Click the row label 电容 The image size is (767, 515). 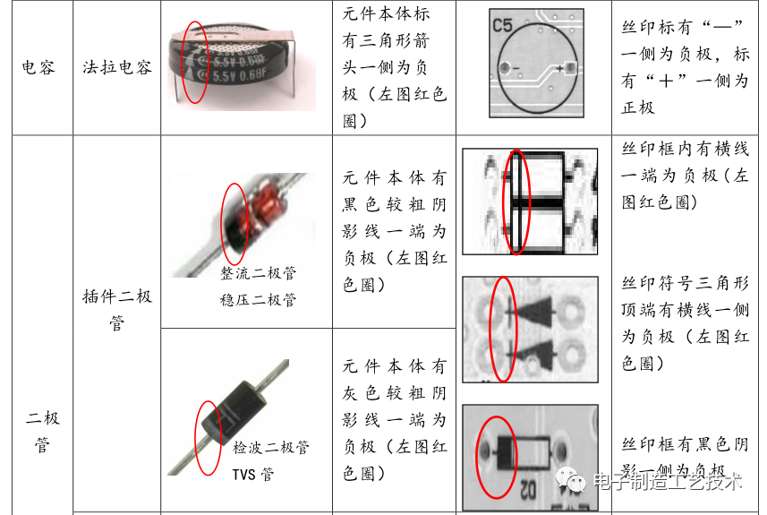click(x=38, y=67)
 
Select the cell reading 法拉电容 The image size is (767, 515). click(x=117, y=67)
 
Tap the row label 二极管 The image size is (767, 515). click(x=42, y=431)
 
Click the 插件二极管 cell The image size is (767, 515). click(x=117, y=309)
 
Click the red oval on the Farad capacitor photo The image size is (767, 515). click(x=195, y=63)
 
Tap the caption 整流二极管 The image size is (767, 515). click(x=258, y=273)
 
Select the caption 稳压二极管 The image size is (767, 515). click(x=258, y=299)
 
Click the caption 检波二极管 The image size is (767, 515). click(x=271, y=447)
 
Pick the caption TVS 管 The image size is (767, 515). click(x=253, y=473)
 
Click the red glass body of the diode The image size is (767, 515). click(x=262, y=204)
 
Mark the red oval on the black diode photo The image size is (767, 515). click(x=209, y=438)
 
